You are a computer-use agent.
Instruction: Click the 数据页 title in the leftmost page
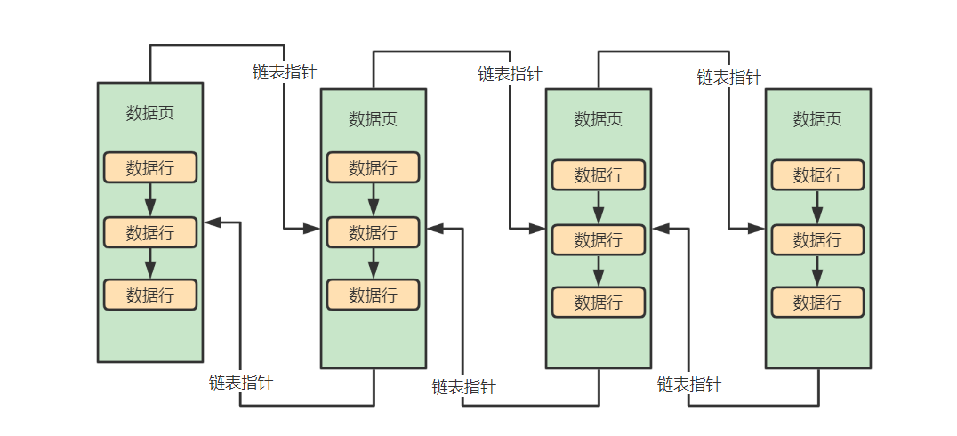tap(149, 113)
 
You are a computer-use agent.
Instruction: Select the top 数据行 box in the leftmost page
tap(149, 167)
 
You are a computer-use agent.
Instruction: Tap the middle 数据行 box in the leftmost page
tap(149, 232)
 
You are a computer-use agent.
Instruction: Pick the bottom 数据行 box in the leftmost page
tap(149, 295)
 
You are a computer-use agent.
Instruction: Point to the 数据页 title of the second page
tap(373, 119)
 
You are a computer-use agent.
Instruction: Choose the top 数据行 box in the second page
tap(373, 167)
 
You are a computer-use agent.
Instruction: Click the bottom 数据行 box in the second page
tap(373, 295)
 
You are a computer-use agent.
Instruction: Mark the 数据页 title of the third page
tap(598, 119)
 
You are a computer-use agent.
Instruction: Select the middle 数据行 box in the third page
tap(598, 239)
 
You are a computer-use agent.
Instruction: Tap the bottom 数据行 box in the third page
tap(598, 302)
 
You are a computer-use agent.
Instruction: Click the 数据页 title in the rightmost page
tap(817, 119)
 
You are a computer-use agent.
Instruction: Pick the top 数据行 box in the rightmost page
tap(817, 174)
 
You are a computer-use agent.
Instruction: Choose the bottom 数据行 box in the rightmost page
tap(817, 302)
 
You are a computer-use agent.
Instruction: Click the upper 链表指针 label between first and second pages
tap(285, 72)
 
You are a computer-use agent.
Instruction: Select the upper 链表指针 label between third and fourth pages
tap(728, 77)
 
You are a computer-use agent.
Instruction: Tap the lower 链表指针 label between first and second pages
tap(241, 383)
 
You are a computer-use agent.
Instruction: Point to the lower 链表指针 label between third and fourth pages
tap(689, 384)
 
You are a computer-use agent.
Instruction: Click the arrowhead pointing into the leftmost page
tap(212, 222)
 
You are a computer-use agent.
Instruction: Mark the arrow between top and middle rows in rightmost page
tap(817, 207)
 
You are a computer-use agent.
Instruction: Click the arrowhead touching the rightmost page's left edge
tap(757, 229)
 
